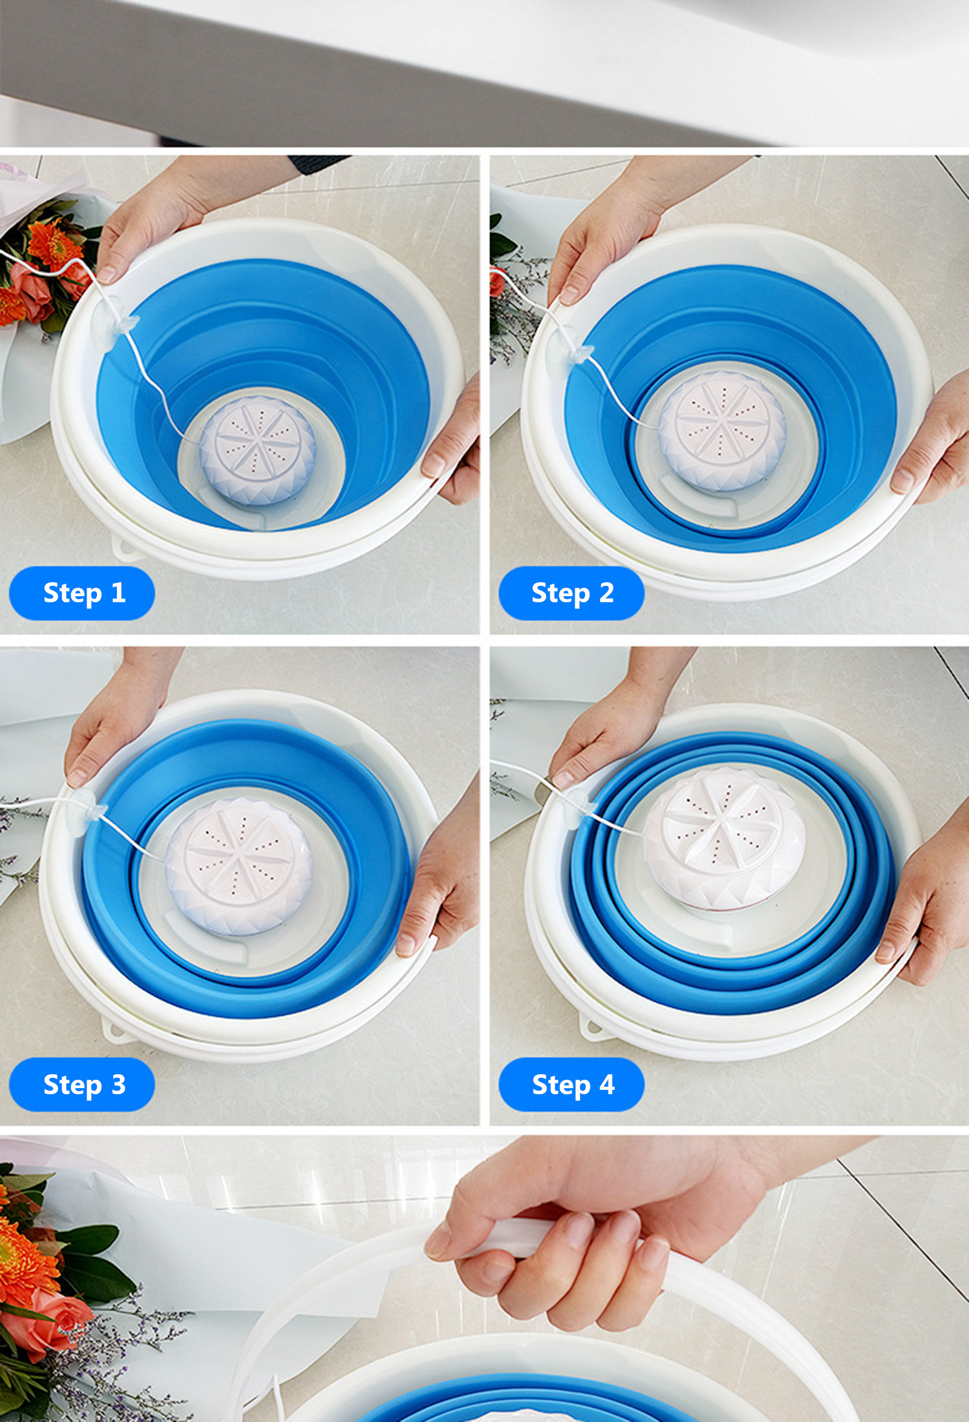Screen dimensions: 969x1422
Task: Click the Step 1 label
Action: [81, 593]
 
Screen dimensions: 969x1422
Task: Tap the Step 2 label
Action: [571, 593]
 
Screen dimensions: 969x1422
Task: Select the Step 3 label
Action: [81, 1085]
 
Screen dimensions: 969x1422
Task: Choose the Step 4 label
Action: [571, 1085]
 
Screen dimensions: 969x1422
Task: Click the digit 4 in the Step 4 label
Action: [606, 1085]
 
